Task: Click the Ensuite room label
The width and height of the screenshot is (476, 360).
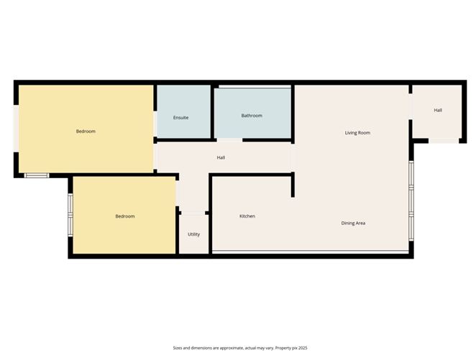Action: (180, 117)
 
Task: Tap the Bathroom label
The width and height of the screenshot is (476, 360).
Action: (252, 116)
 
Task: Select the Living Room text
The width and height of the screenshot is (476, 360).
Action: (357, 133)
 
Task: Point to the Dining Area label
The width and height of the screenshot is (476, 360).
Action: (353, 223)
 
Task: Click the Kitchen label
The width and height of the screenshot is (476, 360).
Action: (247, 216)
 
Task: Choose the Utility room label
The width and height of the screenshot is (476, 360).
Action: (194, 234)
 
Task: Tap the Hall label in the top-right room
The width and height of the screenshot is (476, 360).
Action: (438, 110)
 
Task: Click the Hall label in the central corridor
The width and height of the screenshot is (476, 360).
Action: (221, 158)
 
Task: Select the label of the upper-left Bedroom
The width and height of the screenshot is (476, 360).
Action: (86, 131)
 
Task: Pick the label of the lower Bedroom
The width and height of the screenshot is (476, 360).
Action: (125, 216)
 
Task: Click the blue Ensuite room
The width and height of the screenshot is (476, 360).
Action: (183, 101)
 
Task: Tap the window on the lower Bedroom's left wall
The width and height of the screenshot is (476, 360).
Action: (70, 216)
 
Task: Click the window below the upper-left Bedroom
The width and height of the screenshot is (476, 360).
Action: (36, 175)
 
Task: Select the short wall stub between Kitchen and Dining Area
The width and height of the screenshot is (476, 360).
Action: (293, 184)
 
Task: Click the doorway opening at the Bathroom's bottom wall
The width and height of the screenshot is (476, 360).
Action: (230, 139)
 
